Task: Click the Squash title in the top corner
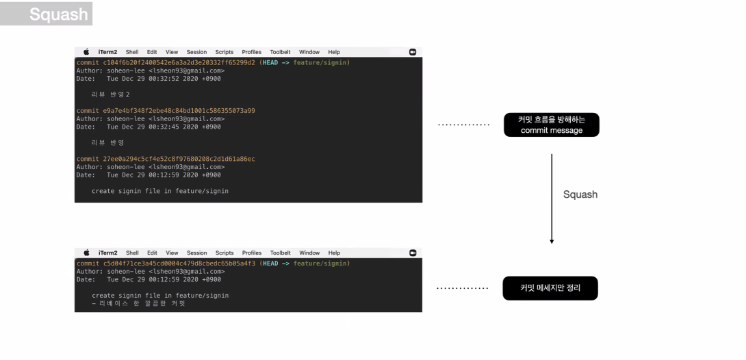pos(58,14)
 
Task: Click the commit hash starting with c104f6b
pos(165,62)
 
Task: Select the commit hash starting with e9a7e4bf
pos(165,111)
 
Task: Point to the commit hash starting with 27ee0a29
pos(165,159)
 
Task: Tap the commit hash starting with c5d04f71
pos(165,263)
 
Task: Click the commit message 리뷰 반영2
pos(110,94)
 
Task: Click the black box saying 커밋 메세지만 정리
pos(550,288)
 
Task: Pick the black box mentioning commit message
pos(551,125)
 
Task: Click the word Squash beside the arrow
pos(580,194)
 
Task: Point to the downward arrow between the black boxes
pos(552,198)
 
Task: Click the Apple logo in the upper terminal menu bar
pos(86,52)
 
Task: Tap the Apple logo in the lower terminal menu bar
pos(86,253)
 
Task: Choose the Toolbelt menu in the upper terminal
pos(280,52)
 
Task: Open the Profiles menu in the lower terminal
pos(251,253)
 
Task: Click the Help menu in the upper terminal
pos(333,52)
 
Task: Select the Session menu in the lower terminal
pos(196,253)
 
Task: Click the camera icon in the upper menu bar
pos(412,52)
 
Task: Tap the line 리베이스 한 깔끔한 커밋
pos(138,303)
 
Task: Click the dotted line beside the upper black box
pos(463,125)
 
